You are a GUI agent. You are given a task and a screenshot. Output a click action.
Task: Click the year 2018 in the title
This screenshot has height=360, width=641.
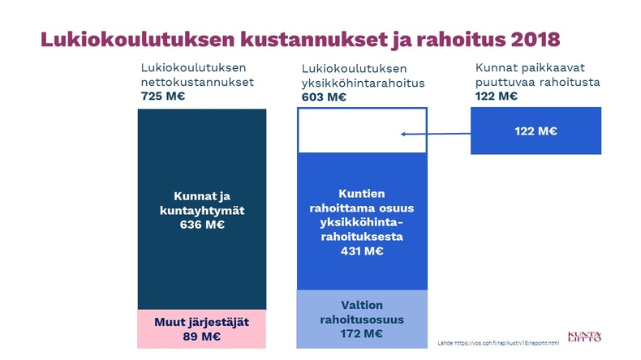coord(536,39)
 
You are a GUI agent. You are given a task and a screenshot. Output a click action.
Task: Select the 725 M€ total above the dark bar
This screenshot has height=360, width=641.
coord(163,96)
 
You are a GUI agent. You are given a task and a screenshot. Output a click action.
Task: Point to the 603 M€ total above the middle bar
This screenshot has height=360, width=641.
coord(324,97)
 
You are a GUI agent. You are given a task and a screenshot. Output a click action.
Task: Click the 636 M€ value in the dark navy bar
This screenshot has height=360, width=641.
coord(202,225)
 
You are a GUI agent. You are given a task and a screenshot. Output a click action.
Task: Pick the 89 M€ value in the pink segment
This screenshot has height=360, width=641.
coord(201,336)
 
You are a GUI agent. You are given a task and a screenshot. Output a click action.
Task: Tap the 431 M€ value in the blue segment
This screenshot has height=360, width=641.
coord(362,251)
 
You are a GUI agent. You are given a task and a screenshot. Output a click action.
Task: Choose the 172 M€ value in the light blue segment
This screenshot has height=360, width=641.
coord(361,334)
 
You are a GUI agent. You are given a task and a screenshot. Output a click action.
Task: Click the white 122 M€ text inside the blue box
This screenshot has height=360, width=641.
coord(536,131)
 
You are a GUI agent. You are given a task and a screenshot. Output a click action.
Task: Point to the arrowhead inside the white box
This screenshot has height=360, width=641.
coord(402,134)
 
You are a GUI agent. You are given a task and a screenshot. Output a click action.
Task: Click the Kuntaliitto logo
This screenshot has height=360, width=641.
coord(584,336)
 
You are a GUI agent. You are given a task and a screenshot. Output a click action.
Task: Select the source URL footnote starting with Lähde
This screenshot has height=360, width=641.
coord(498,343)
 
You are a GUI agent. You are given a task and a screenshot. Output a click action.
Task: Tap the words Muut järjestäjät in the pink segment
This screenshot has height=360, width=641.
coord(201,323)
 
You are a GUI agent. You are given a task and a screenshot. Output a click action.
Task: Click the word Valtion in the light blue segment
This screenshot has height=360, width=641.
coord(362,305)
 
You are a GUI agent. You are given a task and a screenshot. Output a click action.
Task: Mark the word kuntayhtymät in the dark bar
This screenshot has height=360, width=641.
coord(202,211)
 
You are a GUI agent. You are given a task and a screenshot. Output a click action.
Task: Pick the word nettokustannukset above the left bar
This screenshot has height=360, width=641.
coord(197,82)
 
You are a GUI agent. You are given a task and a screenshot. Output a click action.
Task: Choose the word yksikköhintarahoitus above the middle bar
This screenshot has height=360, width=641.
coord(363,84)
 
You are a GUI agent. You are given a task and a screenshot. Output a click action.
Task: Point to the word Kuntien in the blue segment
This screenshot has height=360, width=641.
coord(362,194)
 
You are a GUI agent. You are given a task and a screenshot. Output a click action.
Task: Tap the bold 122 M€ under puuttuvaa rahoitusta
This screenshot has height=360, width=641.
coord(496,96)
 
